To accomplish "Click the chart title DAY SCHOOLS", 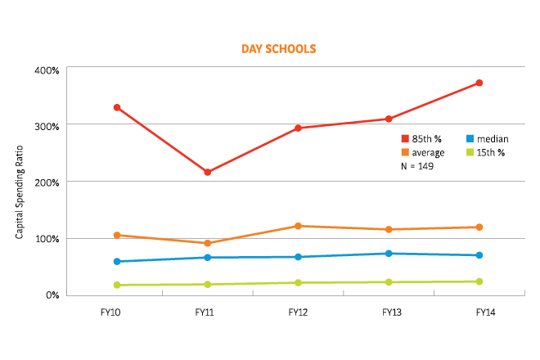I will click(x=278, y=49).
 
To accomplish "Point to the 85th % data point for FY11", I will click(x=208, y=172).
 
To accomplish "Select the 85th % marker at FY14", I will click(x=479, y=83).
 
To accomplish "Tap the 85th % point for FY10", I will click(x=117, y=107).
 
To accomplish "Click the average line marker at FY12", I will click(x=299, y=226).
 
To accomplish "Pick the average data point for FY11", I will click(x=208, y=243).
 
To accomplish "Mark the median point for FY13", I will click(x=389, y=254).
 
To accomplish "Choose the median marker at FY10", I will click(x=117, y=262).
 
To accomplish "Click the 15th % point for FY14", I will click(x=479, y=281).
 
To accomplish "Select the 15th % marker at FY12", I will click(x=299, y=283).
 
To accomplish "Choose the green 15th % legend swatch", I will click(x=469, y=152).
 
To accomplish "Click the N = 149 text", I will click(x=416, y=166).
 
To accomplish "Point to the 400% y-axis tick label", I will click(x=47, y=70).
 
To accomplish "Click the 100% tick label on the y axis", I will click(x=47, y=239).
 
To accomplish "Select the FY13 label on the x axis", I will click(x=389, y=312).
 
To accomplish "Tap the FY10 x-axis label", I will click(x=117, y=312).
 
